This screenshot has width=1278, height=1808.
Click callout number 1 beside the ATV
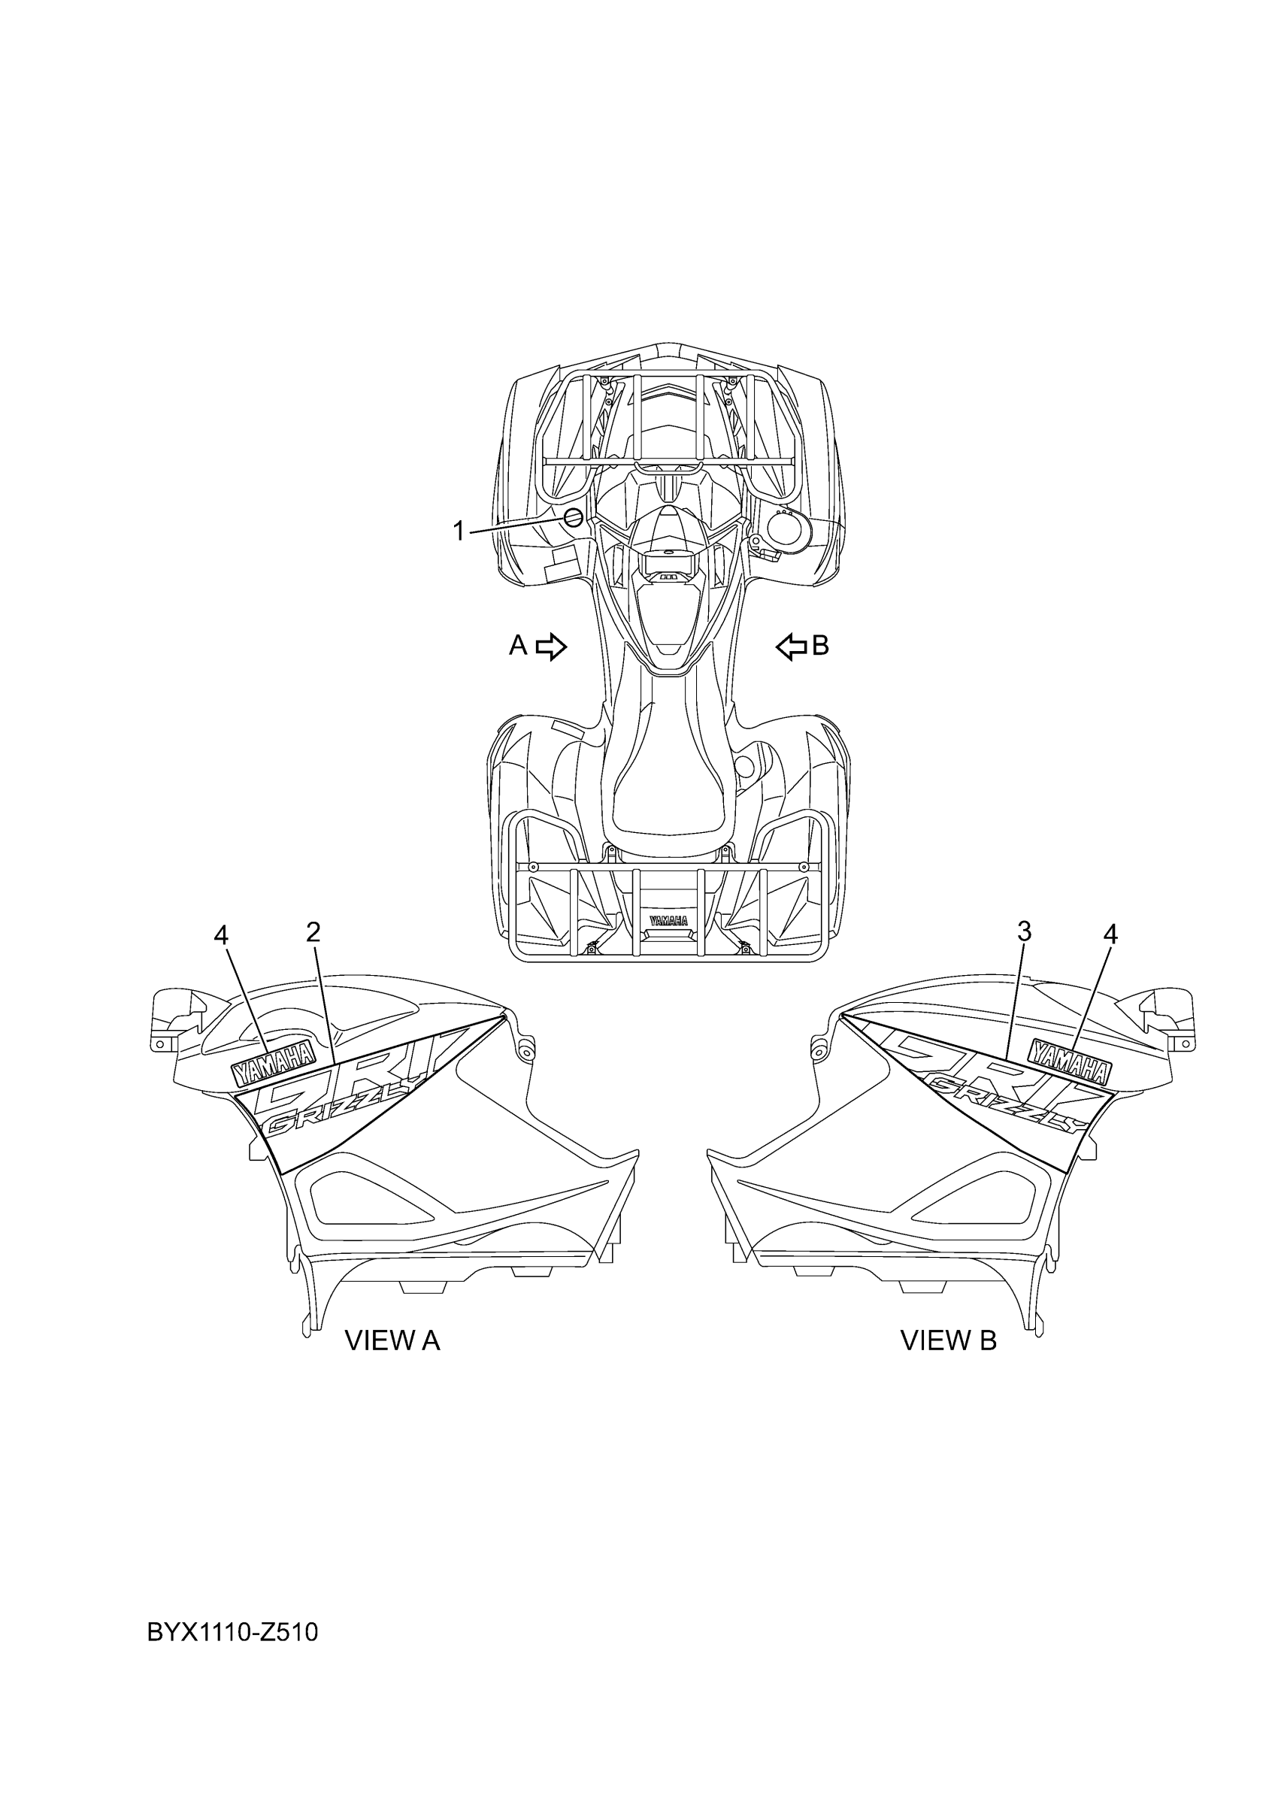(x=459, y=531)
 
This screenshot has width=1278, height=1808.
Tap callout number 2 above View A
(x=313, y=932)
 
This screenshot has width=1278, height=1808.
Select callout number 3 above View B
(x=1024, y=931)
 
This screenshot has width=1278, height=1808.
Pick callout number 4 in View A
(x=221, y=934)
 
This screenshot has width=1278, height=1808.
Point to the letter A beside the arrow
(x=517, y=646)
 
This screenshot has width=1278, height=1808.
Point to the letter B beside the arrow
(x=820, y=646)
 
